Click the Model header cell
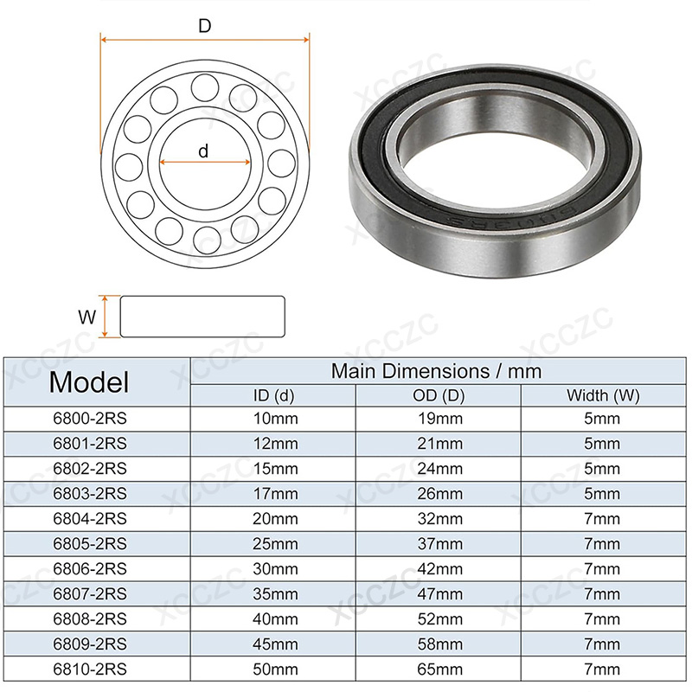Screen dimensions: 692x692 (89, 382)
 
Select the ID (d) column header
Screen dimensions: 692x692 (273, 395)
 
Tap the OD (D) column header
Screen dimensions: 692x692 (439, 395)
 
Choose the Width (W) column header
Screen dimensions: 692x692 (603, 395)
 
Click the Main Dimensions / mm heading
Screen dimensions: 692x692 (436, 371)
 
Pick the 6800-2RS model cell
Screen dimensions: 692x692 (90, 419)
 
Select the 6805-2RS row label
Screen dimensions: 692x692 (90, 544)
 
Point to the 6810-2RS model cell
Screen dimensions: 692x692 (90, 669)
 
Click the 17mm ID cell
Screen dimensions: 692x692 (275, 493)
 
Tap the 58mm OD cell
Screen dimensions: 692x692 (440, 644)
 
